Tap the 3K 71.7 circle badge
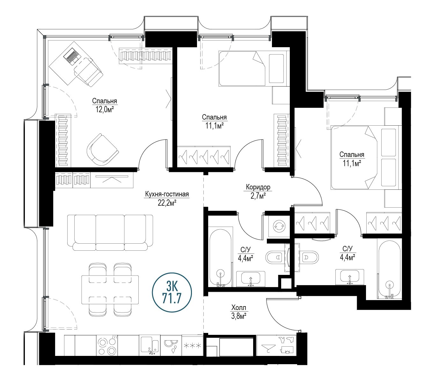click(x=172, y=292)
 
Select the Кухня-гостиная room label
click(x=167, y=194)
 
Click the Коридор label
click(x=258, y=187)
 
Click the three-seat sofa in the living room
click(x=110, y=232)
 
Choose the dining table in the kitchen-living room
click(x=110, y=290)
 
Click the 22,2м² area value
click(x=167, y=203)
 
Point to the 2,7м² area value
click(x=258, y=196)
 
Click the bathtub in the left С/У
click(x=220, y=257)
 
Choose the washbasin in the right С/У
click(x=350, y=277)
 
